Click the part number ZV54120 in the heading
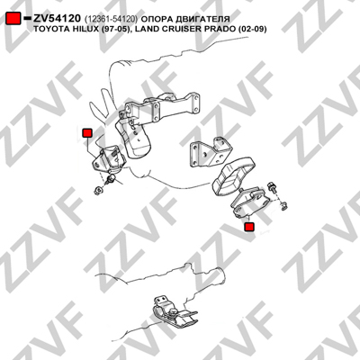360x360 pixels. (57, 19)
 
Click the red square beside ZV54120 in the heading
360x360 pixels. (13, 19)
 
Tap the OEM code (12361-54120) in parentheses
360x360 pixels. (111, 19)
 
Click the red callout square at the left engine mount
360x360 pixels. (87, 133)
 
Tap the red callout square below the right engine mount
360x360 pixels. (249, 227)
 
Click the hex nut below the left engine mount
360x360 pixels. (98, 190)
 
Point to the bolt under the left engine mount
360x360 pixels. (111, 179)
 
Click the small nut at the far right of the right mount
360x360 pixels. (284, 205)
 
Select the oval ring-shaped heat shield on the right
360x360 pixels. (234, 176)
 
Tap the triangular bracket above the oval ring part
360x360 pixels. (211, 154)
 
